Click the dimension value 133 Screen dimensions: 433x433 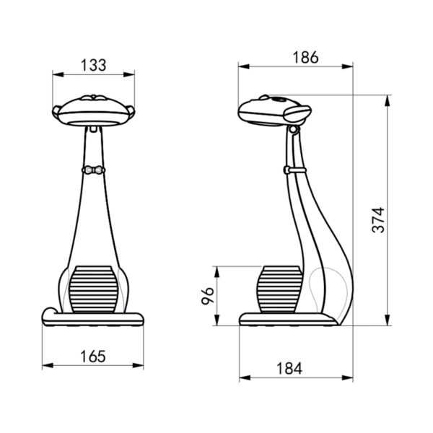tap(94, 64)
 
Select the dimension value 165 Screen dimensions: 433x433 tap(92, 356)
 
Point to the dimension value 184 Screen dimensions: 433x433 tap(289, 368)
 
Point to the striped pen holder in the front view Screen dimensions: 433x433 tap(92, 289)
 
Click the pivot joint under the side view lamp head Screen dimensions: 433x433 tap(293, 130)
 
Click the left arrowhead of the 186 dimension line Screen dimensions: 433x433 tap(242, 66)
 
